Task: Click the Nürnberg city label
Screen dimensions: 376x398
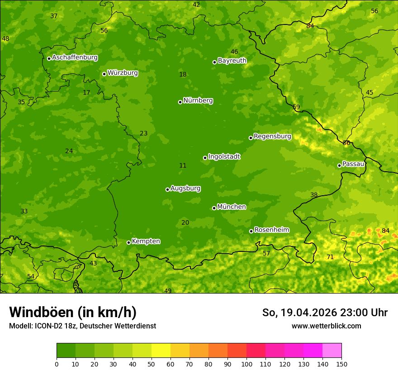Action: click(198, 101)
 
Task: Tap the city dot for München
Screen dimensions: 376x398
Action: click(214, 208)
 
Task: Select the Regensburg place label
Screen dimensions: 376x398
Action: click(272, 136)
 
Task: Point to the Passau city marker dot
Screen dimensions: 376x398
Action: click(339, 165)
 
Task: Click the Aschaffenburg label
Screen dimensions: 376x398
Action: click(75, 58)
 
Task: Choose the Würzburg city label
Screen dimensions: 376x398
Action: click(123, 73)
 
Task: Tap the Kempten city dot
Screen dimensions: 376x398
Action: click(128, 242)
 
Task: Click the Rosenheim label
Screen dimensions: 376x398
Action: click(271, 230)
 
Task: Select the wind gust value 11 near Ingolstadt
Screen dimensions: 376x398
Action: click(183, 166)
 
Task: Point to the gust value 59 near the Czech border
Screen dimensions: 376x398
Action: click(296, 107)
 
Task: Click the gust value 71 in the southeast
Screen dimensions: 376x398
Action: click(330, 257)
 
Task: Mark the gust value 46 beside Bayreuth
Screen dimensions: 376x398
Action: click(234, 52)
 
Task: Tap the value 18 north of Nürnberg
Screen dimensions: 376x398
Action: click(183, 75)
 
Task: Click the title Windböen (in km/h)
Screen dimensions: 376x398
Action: click(73, 312)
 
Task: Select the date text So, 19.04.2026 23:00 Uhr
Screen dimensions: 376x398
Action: click(325, 313)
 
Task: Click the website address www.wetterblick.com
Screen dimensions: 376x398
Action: click(326, 326)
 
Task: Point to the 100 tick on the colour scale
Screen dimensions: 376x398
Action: click(246, 364)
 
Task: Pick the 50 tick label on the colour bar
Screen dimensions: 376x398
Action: click(152, 364)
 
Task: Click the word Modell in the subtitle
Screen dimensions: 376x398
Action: click(20, 326)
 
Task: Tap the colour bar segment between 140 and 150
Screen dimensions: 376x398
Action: click(332, 351)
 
